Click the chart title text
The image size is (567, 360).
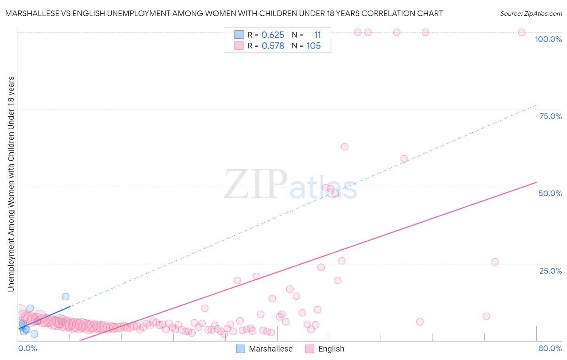coord(224,13)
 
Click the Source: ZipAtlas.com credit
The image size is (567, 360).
coord(531,13)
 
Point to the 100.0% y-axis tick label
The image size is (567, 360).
coord(548,39)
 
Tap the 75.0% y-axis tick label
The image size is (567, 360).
coord(550,116)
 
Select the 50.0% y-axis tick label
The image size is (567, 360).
coord(550,193)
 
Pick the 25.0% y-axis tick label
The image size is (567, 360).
coord(550,270)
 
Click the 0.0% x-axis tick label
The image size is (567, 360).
coord(27,348)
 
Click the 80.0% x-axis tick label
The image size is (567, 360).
coord(550,348)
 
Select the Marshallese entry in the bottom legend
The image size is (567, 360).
coord(264,349)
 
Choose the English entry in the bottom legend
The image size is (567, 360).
coord(325,349)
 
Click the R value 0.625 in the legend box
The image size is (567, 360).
coord(273,35)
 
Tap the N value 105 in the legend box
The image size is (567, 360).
coord(313,46)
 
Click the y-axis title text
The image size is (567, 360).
coord(11,184)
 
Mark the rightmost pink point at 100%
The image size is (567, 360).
coord(521,32)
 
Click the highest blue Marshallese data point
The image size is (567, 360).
coord(65,297)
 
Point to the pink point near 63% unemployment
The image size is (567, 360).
coord(344,147)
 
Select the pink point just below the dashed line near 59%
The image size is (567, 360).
coord(404,159)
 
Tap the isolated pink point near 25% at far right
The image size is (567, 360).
coord(495,262)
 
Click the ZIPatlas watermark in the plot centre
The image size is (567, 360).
coord(290,184)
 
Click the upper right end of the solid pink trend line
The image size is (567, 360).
coord(536,182)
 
